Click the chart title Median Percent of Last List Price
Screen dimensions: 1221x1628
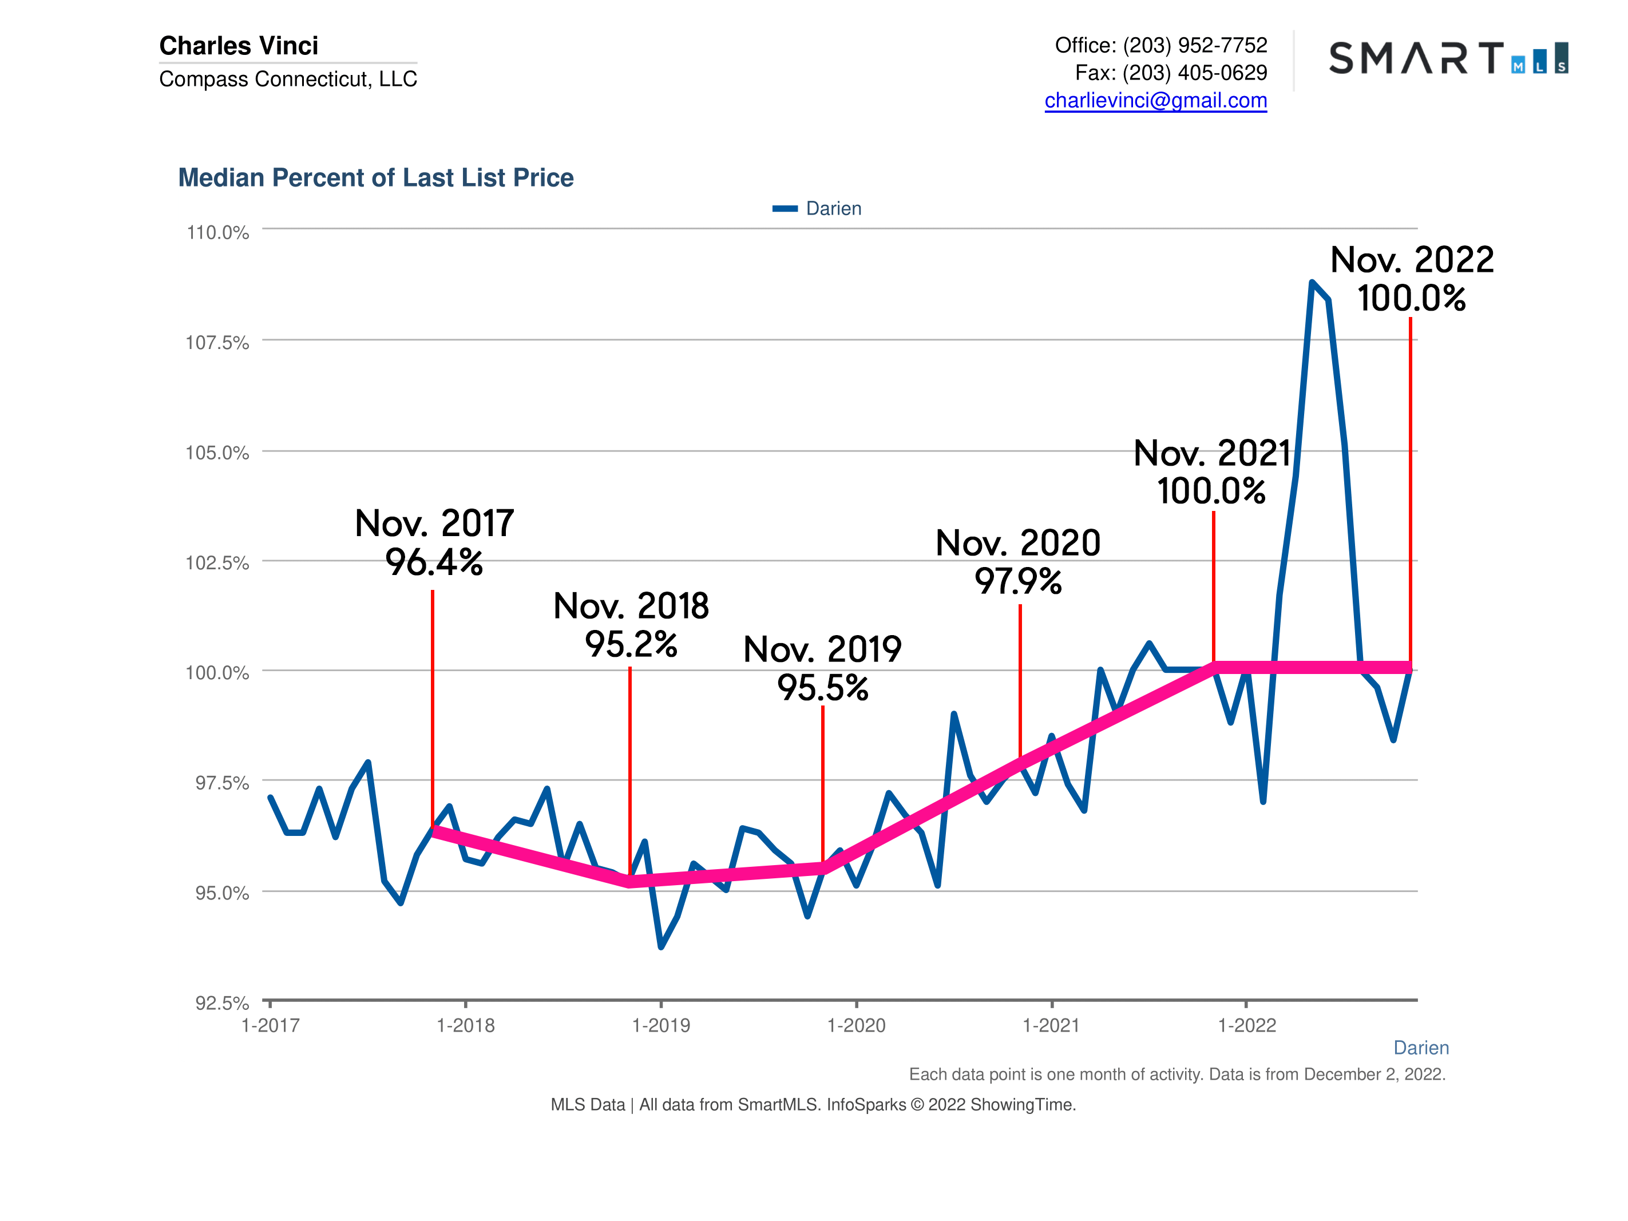[x=375, y=177]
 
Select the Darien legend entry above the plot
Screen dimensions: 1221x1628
[x=817, y=208]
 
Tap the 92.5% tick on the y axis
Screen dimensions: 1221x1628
[x=221, y=1002]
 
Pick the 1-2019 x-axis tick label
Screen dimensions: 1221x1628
[x=661, y=1025]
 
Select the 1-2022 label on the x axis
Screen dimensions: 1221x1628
[x=1247, y=1025]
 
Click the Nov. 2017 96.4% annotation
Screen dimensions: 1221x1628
[x=434, y=542]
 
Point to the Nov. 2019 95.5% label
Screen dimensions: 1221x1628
[x=822, y=668]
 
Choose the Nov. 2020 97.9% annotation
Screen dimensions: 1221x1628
[x=1018, y=561]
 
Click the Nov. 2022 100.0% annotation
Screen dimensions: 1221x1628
[x=1412, y=279]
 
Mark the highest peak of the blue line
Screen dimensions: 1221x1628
[x=1312, y=283]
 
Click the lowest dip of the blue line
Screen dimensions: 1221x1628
[x=661, y=946]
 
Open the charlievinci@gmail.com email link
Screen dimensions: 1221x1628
[x=1155, y=100]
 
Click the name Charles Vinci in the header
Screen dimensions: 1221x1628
[x=239, y=46]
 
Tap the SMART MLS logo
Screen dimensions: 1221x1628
[x=1448, y=58]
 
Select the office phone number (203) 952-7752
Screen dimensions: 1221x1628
[x=1194, y=46]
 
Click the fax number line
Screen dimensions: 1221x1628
[x=1170, y=73]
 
